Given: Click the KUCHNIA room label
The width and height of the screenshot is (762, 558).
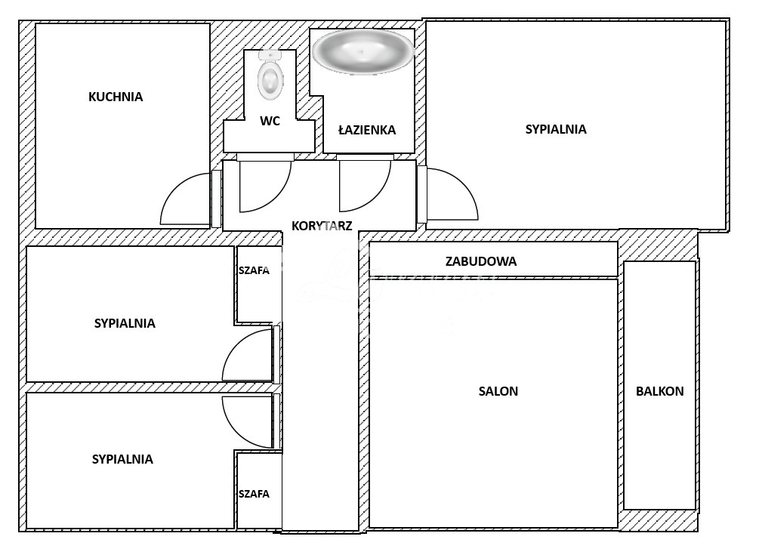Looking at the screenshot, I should pos(116,97).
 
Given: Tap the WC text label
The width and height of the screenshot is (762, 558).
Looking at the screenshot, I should pos(270,121).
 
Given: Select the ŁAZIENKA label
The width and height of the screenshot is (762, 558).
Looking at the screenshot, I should pos(367,130).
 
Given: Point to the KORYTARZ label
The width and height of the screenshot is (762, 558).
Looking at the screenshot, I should pos(322,226).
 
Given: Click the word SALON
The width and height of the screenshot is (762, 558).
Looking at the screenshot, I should pos(498,391).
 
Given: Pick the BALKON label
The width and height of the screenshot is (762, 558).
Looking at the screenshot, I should pos(659,391).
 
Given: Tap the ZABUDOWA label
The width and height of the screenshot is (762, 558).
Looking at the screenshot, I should pos(481,262).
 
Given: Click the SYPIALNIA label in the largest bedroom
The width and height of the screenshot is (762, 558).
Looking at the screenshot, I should pos(556,129).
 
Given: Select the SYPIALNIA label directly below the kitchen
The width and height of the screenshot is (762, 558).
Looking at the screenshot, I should pos(125,323).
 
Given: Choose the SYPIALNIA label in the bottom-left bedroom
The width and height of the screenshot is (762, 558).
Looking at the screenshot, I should pos(122,459).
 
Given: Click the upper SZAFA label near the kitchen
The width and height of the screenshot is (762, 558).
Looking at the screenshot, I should pos(254,271).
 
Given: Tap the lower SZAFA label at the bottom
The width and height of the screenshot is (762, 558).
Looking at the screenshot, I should pos(254,494).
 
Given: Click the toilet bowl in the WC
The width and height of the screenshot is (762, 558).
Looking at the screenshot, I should pos(270,77).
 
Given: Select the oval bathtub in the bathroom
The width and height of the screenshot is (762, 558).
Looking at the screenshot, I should pos(362,51).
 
